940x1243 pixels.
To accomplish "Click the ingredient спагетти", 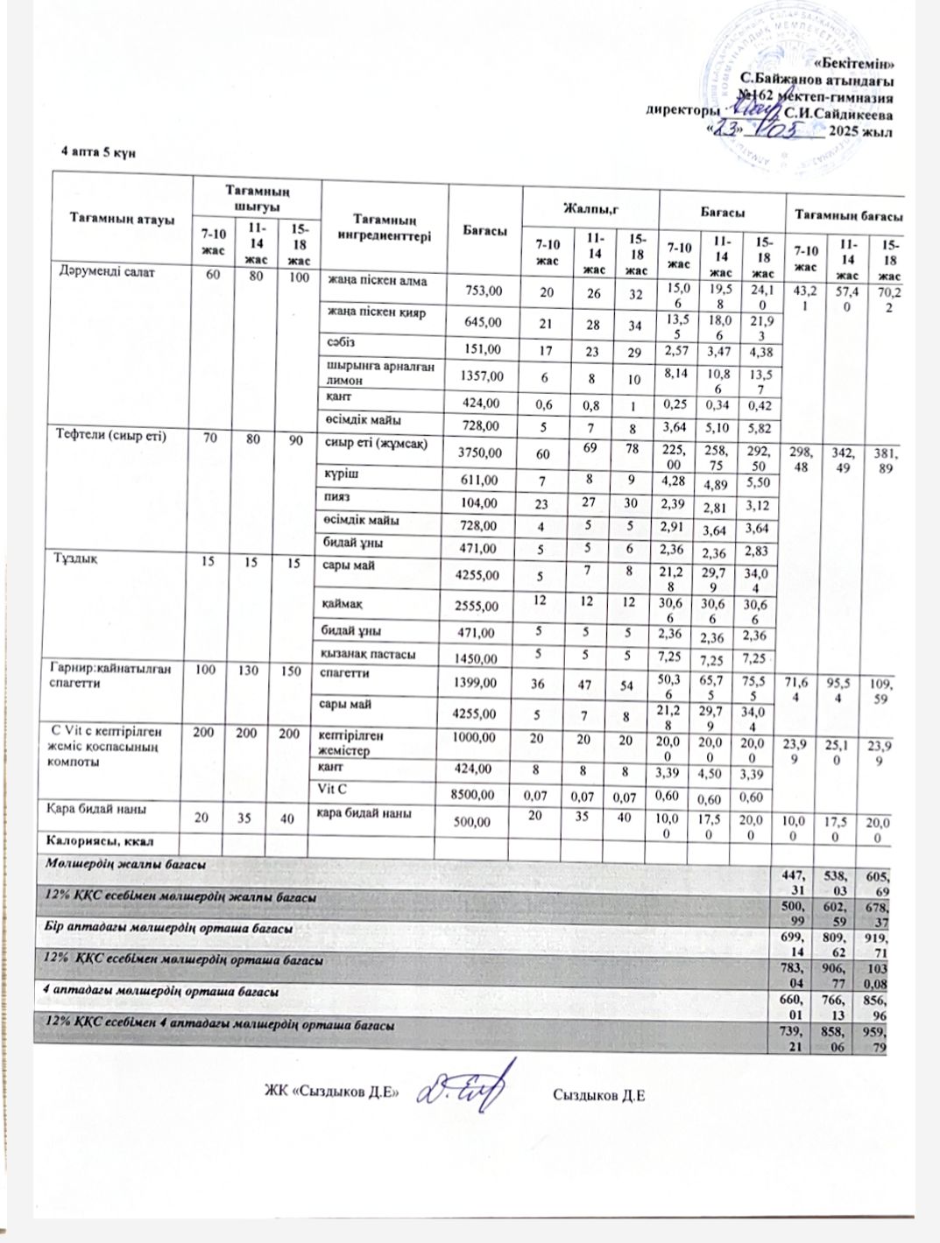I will coord(348,673).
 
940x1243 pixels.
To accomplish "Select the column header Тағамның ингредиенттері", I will coord(385,228).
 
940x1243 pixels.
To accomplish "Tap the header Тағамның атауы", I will coord(122,219).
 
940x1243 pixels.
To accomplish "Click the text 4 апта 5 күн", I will coord(97,151).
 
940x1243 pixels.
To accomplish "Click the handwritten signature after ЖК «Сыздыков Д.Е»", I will coord(460,1090).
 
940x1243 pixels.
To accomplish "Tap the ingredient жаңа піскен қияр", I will coord(371,313).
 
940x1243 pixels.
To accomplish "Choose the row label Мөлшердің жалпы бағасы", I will coord(126,864).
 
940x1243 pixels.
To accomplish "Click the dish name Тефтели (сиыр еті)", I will coord(111,435).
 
